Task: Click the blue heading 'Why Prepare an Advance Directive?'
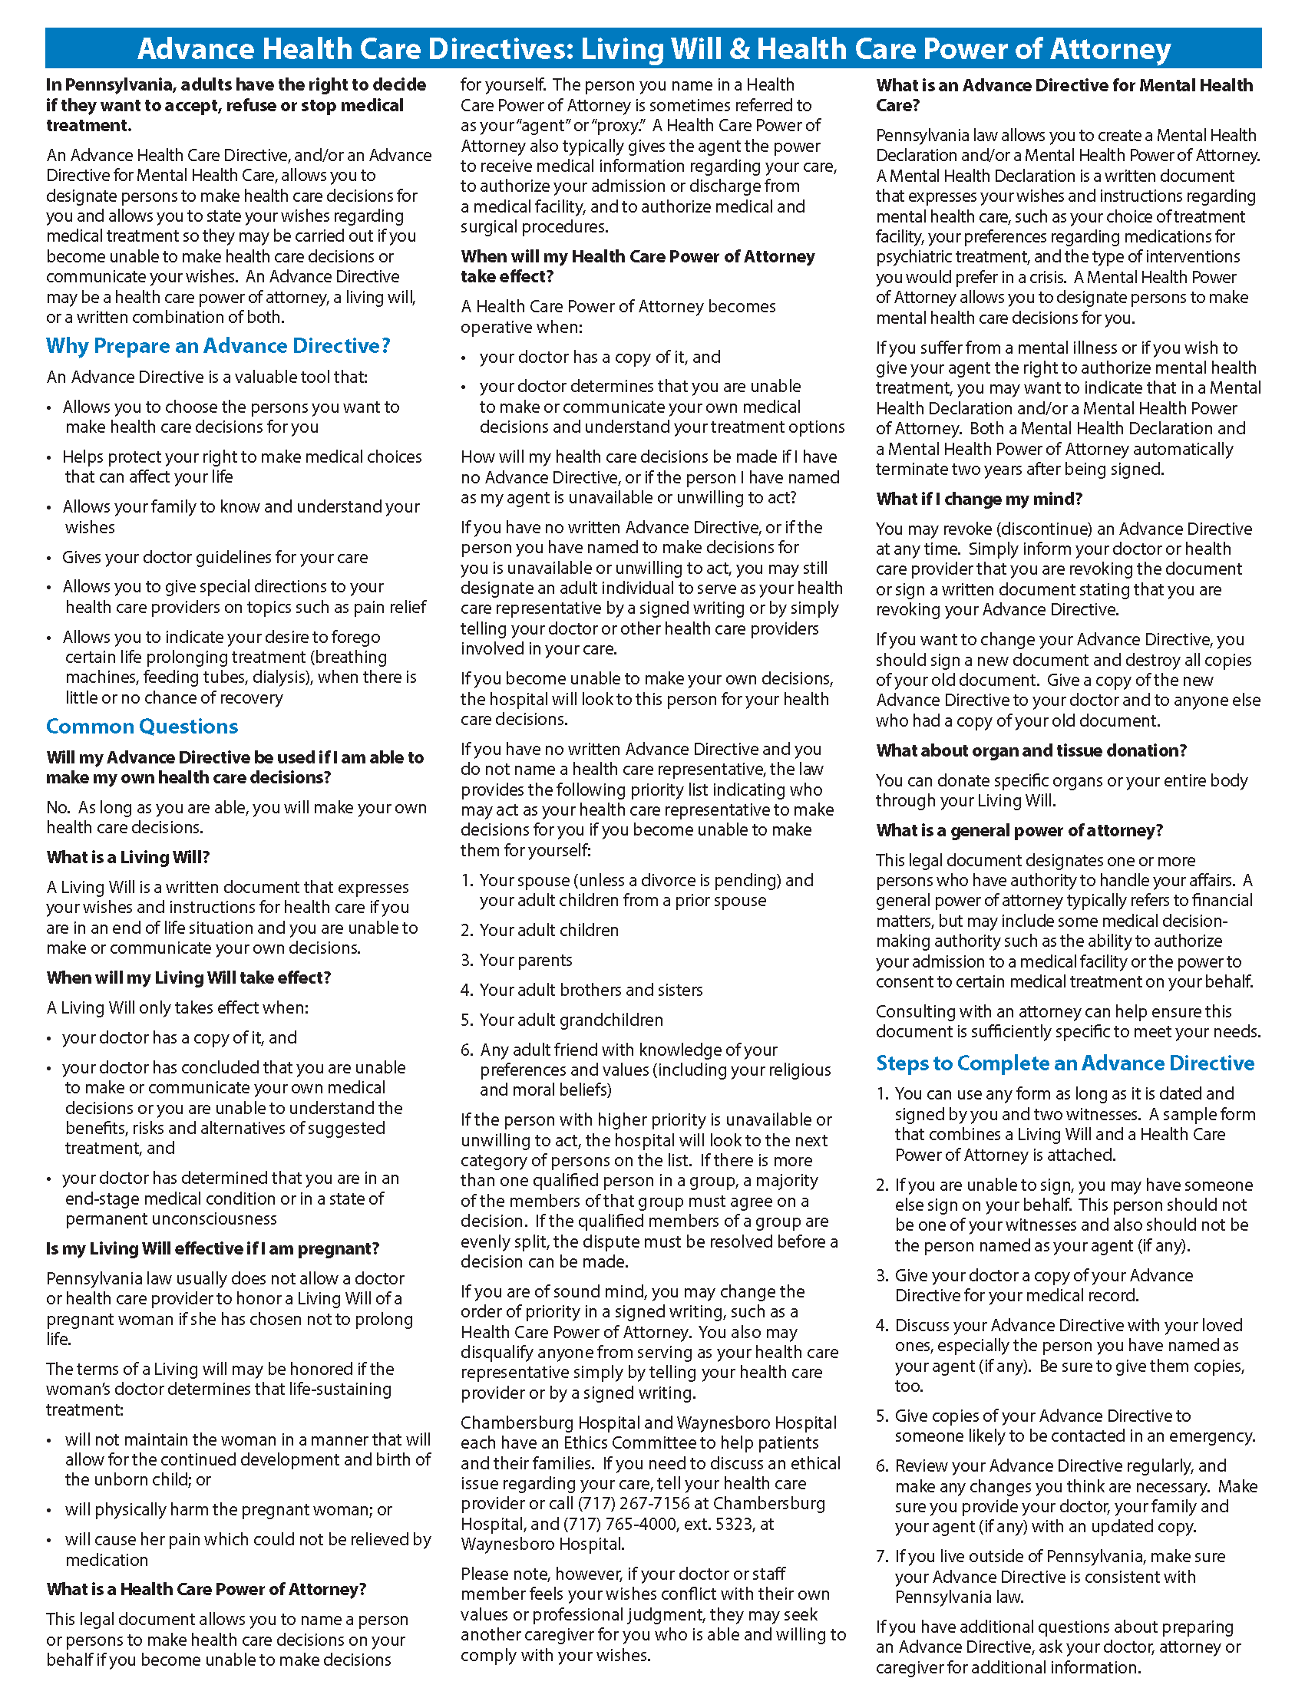click(x=218, y=346)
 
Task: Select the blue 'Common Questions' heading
click(x=141, y=727)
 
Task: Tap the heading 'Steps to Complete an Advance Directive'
click(x=1065, y=1063)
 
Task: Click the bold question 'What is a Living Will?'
click(x=127, y=857)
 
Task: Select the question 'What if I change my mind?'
click(x=980, y=499)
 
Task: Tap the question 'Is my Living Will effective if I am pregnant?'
click(x=213, y=1248)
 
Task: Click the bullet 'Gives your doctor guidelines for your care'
click(x=215, y=557)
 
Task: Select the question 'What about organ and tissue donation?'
click(x=1030, y=750)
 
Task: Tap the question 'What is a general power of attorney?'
click(x=1019, y=830)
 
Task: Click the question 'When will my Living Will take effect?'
click(x=188, y=978)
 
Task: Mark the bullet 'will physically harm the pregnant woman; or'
click(x=228, y=1509)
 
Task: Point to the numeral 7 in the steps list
click(x=882, y=1557)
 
